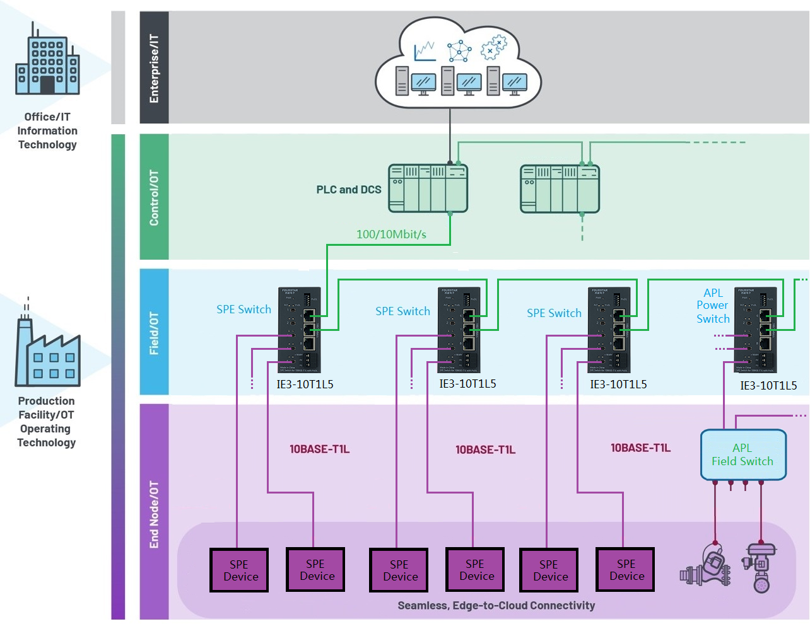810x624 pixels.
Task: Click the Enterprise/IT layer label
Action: pyautogui.click(x=154, y=68)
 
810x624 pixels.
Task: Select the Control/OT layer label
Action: pyautogui.click(x=154, y=197)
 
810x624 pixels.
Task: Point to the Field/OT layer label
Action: pyautogui.click(x=154, y=333)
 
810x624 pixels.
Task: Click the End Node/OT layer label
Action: pyautogui.click(x=154, y=514)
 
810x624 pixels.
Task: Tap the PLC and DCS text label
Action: pyautogui.click(x=349, y=190)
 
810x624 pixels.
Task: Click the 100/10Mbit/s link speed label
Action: pyautogui.click(x=391, y=234)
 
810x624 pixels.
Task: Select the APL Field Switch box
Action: pyautogui.click(x=743, y=454)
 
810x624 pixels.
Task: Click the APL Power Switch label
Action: pyautogui.click(x=713, y=306)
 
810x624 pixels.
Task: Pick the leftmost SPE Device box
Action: pyautogui.click(x=239, y=570)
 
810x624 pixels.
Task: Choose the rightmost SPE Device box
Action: pyautogui.click(x=626, y=570)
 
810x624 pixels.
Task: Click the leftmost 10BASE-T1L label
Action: pyautogui.click(x=319, y=449)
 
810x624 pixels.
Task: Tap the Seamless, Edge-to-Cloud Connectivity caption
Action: pyautogui.click(x=496, y=606)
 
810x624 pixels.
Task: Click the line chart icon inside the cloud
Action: pyautogui.click(x=425, y=51)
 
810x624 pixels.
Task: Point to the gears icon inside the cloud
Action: pyautogui.click(x=493, y=48)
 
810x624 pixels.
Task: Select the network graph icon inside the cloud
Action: pyautogui.click(x=459, y=50)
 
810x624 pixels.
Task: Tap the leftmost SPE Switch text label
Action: pyautogui.click(x=244, y=309)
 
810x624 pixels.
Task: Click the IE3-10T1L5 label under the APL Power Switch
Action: pyautogui.click(x=768, y=386)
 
